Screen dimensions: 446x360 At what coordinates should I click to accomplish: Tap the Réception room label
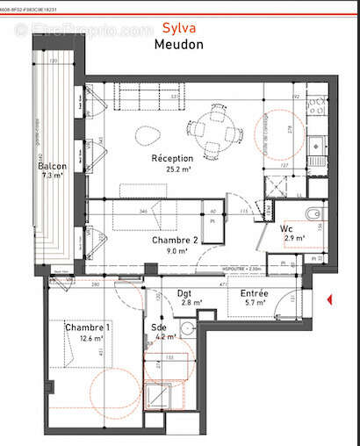point(171,158)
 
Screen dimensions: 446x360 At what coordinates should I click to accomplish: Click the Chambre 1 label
point(89,327)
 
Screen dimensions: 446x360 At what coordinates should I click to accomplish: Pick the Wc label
point(286,227)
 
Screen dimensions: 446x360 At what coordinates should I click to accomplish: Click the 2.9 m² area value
point(292,238)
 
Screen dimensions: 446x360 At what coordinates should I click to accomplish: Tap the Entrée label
point(253,292)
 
